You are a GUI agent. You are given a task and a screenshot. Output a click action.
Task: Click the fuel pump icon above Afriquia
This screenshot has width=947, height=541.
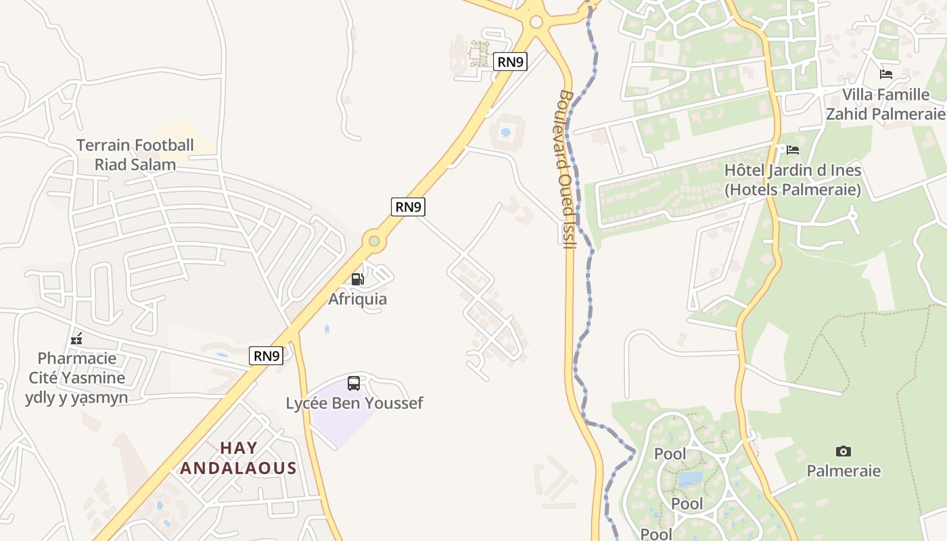357,279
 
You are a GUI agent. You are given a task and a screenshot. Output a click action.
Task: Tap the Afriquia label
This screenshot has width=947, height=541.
357,299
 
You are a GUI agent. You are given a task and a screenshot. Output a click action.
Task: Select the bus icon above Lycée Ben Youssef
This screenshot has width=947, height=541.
353,383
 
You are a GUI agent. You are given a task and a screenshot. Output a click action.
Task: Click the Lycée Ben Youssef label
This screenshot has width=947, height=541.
354,404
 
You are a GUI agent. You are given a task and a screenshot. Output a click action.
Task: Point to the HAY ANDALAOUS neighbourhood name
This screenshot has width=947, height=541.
238,458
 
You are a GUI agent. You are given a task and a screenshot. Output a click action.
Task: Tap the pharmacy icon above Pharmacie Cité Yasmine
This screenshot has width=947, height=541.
76,338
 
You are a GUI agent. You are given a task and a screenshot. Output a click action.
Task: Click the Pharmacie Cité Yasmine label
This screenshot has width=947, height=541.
76,377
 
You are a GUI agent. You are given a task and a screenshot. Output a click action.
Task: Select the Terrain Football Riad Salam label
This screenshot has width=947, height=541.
135,154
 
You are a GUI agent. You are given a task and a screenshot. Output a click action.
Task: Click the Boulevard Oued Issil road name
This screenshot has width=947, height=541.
568,169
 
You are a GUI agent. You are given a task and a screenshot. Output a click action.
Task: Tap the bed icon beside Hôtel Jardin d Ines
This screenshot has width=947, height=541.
793,149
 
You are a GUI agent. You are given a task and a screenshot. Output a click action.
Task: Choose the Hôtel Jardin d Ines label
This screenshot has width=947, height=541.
792,180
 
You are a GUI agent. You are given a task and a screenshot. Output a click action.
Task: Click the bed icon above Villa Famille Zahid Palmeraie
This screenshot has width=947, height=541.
885,74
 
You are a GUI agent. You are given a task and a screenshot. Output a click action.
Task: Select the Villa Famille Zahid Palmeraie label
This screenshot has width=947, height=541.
885,104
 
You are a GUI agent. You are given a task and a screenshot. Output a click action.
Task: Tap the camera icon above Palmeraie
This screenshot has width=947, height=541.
843,451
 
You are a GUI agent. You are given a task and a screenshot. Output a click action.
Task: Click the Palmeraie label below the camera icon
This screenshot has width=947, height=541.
843,471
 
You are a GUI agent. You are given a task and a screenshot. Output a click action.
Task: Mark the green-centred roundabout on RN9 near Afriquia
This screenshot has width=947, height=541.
373,241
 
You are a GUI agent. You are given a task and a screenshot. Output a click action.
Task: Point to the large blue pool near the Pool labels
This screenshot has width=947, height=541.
690,479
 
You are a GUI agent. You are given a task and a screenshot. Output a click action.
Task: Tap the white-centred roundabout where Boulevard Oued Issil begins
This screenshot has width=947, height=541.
536,22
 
